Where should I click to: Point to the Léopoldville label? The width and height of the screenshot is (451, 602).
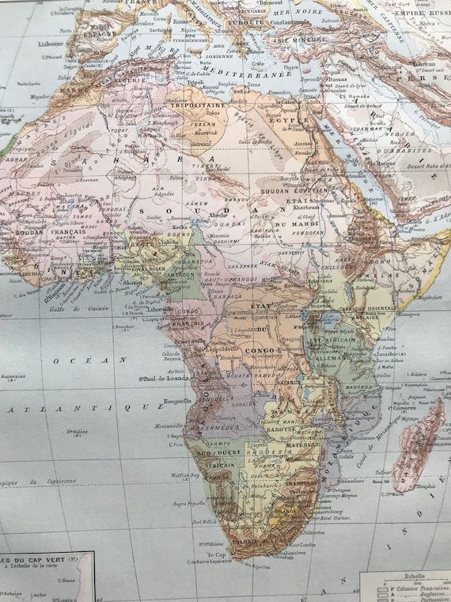click(x=226, y=349)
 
